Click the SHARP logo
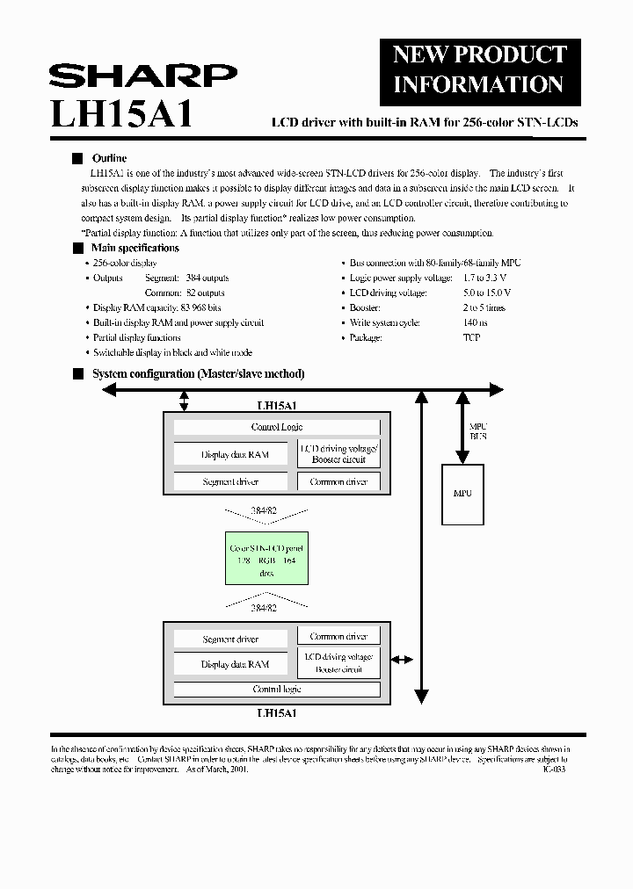142,76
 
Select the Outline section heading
110,158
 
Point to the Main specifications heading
135,248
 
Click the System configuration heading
199,373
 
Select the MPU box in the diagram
462,493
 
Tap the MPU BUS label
478,430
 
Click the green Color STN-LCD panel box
266,560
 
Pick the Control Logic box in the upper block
277,427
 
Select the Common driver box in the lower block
338,636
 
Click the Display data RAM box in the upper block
233,454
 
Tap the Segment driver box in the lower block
230,640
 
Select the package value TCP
471,337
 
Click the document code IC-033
554,769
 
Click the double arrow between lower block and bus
401,659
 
